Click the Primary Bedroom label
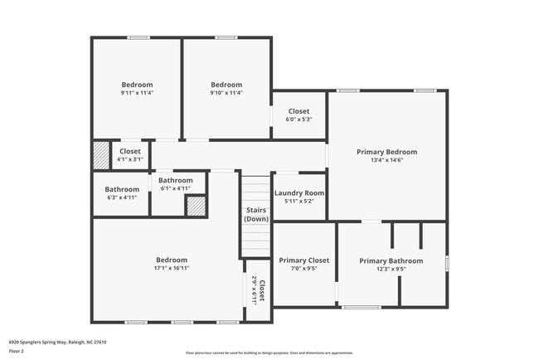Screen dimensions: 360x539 (x=386, y=152)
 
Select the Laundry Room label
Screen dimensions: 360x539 (x=299, y=193)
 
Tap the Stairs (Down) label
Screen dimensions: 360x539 (x=256, y=215)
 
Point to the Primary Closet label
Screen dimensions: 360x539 (x=303, y=260)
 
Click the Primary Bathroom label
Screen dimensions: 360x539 (x=391, y=260)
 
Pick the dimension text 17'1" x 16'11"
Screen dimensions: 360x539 (x=171, y=269)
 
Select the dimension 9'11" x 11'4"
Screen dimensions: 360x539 (x=137, y=93)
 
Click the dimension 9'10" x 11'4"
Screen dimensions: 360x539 (x=226, y=93)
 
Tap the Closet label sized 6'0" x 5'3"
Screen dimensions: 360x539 (x=299, y=111)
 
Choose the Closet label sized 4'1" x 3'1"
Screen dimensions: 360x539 (x=129, y=152)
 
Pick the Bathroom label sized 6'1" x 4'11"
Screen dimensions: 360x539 (x=176, y=181)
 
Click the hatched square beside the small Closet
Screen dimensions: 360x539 (x=100, y=155)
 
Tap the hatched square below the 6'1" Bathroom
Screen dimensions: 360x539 (x=195, y=207)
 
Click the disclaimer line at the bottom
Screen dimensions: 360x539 (x=269, y=353)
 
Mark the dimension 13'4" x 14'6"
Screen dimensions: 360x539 (x=386, y=160)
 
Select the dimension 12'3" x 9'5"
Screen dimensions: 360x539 (x=391, y=269)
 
